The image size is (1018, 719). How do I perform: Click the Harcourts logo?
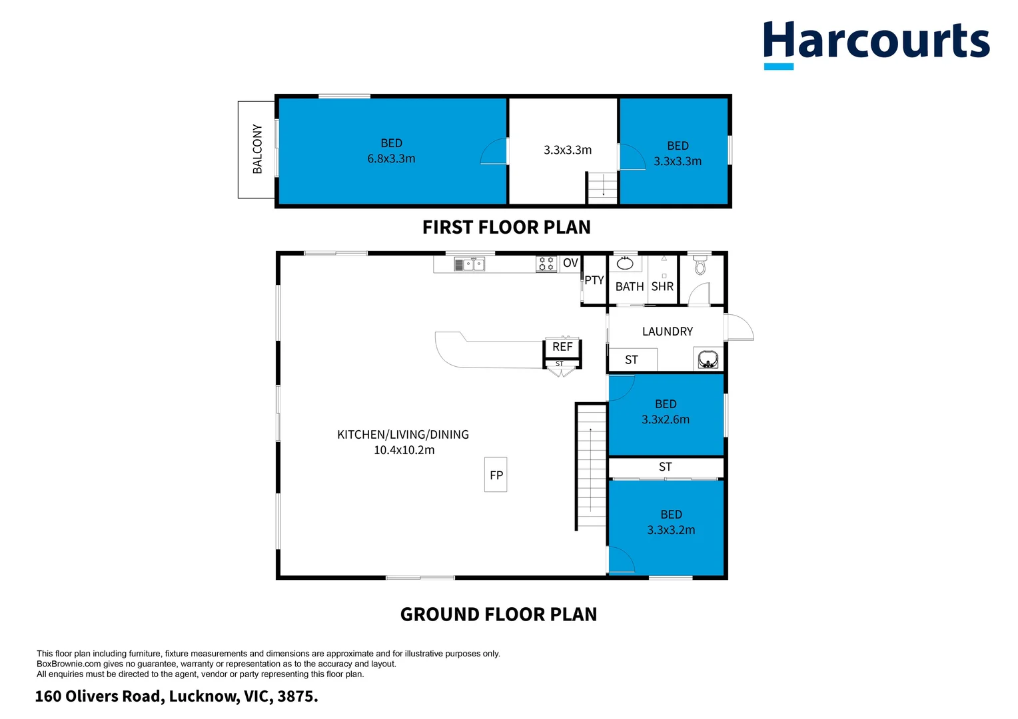(x=875, y=43)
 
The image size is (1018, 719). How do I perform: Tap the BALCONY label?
(x=257, y=149)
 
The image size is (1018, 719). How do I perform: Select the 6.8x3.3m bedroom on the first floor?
(x=392, y=151)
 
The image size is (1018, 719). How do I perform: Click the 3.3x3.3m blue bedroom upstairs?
(x=677, y=153)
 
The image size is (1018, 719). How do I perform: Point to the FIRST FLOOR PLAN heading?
(x=506, y=228)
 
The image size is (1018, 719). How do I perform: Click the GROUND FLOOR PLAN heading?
(x=498, y=614)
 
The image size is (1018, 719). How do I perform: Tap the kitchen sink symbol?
(x=470, y=264)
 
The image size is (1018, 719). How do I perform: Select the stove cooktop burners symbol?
(x=546, y=264)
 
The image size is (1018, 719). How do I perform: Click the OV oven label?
(x=570, y=263)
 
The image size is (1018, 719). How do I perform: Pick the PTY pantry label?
(x=594, y=280)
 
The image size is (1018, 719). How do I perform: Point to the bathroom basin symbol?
(x=625, y=264)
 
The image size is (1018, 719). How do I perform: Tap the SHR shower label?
(x=662, y=287)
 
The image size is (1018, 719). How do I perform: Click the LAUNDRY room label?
(x=667, y=332)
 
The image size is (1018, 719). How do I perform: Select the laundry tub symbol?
(x=708, y=359)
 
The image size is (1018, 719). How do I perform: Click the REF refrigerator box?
(x=562, y=347)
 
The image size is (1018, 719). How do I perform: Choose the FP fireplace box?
(x=496, y=475)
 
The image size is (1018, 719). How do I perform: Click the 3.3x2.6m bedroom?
(x=666, y=413)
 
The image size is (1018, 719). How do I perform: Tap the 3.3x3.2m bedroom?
(x=670, y=523)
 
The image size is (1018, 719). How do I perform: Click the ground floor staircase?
(x=591, y=466)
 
